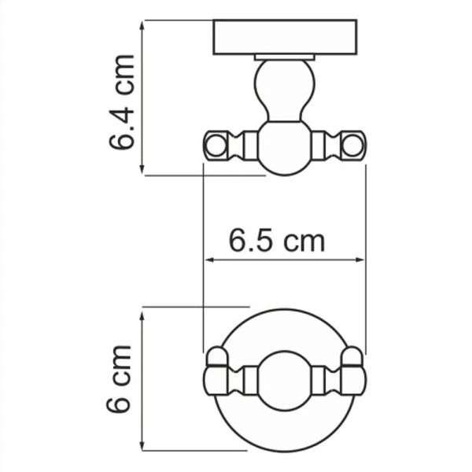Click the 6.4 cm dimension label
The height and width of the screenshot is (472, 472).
(x=122, y=102)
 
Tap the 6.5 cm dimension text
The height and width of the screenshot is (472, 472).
(x=277, y=240)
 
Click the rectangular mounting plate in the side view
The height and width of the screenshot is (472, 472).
(x=285, y=37)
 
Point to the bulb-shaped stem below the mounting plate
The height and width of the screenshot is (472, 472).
(x=285, y=90)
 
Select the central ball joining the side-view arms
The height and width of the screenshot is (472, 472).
(x=285, y=148)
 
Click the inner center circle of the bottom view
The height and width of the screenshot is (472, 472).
(x=285, y=381)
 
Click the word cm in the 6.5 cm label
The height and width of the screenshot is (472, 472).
(x=304, y=240)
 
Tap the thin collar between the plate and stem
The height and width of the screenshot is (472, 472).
(x=285, y=57)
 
